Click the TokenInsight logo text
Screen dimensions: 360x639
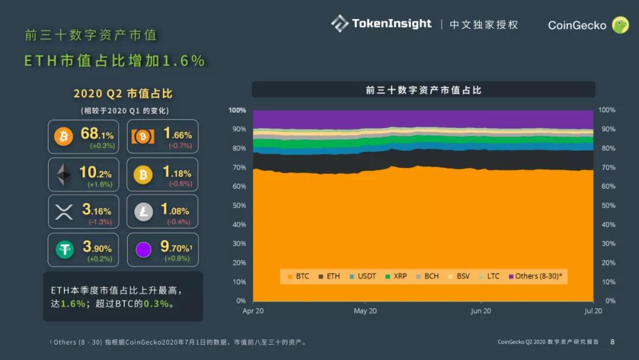[391, 24]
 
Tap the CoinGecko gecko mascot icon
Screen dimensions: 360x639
[620, 25]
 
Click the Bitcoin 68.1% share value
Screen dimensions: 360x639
[97, 134]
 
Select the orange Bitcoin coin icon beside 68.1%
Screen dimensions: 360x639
[63, 137]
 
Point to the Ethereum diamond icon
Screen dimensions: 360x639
[63, 175]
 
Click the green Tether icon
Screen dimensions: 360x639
[64, 250]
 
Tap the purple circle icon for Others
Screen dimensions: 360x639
[143, 250]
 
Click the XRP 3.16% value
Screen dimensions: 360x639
[96, 210]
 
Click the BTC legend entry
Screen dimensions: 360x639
[298, 277]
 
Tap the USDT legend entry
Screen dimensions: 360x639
[363, 277]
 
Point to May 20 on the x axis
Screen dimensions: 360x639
[365, 311]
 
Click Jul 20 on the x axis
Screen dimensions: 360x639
[593, 311]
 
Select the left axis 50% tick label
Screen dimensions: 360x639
[239, 205]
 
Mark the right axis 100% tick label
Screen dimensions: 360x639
[607, 110]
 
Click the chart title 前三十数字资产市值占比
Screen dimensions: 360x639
[424, 90]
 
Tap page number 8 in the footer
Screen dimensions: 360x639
[612, 342]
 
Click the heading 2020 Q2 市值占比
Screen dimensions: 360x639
[123, 94]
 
